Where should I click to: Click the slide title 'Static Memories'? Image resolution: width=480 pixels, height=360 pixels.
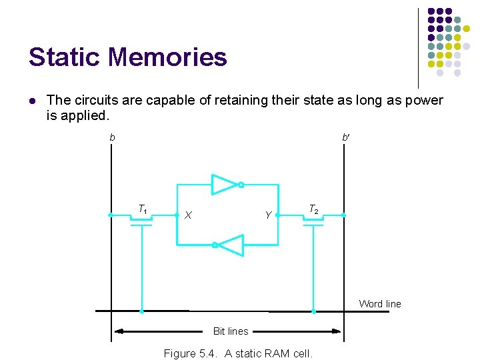pyautogui.click(x=127, y=57)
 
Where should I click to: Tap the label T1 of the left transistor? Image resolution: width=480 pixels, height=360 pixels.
pyautogui.click(x=143, y=210)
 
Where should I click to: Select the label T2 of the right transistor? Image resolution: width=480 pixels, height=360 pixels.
pyautogui.click(x=313, y=210)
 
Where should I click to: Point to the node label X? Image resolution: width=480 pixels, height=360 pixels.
pyautogui.click(x=189, y=215)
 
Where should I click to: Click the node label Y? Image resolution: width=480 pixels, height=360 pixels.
pyautogui.click(x=268, y=215)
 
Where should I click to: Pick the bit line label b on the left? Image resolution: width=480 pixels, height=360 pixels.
pyautogui.click(x=113, y=137)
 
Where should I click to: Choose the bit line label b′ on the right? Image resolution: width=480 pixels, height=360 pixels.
pyautogui.click(x=345, y=137)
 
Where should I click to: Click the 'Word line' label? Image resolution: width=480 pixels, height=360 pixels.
pyautogui.click(x=380, y=304)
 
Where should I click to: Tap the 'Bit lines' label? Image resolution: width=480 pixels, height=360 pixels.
pyautogui.click(x=231, y=331)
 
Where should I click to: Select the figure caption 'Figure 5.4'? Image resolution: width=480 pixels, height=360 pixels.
pyautogui.click(x=238, y=353)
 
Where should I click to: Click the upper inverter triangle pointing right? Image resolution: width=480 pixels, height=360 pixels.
pyautogui.click(x=225, y=185)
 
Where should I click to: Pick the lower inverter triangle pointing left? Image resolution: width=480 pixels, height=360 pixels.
pyautogui.click(x=231, y=245)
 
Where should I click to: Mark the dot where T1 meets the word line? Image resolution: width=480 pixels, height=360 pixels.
pyautogui.click(x=141, y=311)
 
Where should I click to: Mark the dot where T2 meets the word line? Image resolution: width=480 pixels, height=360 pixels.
pyautogui.click(x=313, y=311)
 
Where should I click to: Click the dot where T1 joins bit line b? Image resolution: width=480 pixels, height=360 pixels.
pyautogui.click(x=111, y=215)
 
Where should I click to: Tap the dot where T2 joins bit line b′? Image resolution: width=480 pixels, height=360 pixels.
pyautogui.click(x=343, y=215)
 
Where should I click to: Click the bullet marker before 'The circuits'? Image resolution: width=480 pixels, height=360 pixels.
pyautogui.click(x=32, y=101)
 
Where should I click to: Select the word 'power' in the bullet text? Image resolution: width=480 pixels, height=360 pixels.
pyautogui.click(x=420, y=101)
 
